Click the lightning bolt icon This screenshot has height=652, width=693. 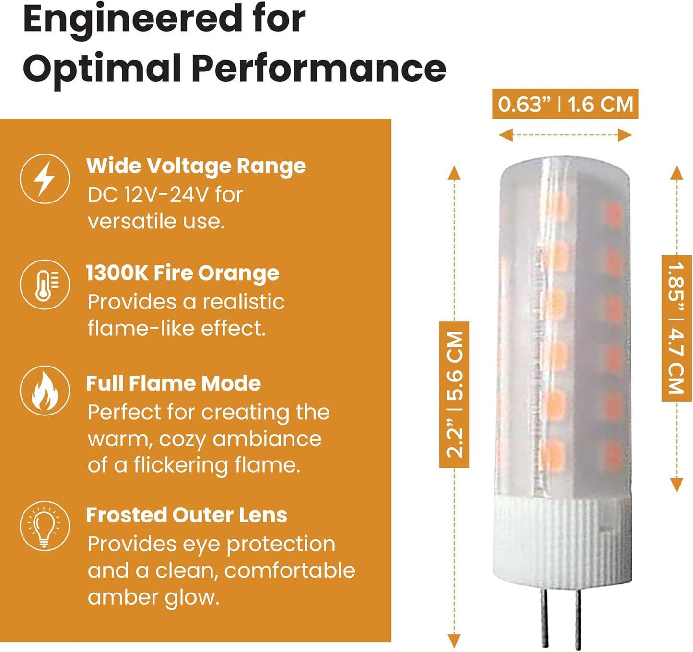(x=45, y=179)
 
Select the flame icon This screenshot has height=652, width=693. (x=45, y=391)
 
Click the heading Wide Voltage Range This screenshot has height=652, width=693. (x=196, y=166)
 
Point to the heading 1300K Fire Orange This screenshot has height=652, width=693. (x=183, y=273)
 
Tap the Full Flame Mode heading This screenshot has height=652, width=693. (x=174, y=383)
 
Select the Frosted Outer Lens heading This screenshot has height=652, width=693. (x=187, y=515)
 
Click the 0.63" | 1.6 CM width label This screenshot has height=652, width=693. (x=565, y=104)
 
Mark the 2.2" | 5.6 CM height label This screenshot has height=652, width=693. (x=454, y=395)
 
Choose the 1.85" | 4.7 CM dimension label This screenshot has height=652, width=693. (x=676, y=328)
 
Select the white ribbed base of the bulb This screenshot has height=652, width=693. (x=562, y=543)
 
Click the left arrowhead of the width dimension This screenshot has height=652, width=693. (x=505, y=135)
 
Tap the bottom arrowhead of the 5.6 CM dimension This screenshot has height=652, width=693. (x=454, y=641)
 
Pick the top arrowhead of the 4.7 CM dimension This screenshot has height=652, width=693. (x=677, y=173)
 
